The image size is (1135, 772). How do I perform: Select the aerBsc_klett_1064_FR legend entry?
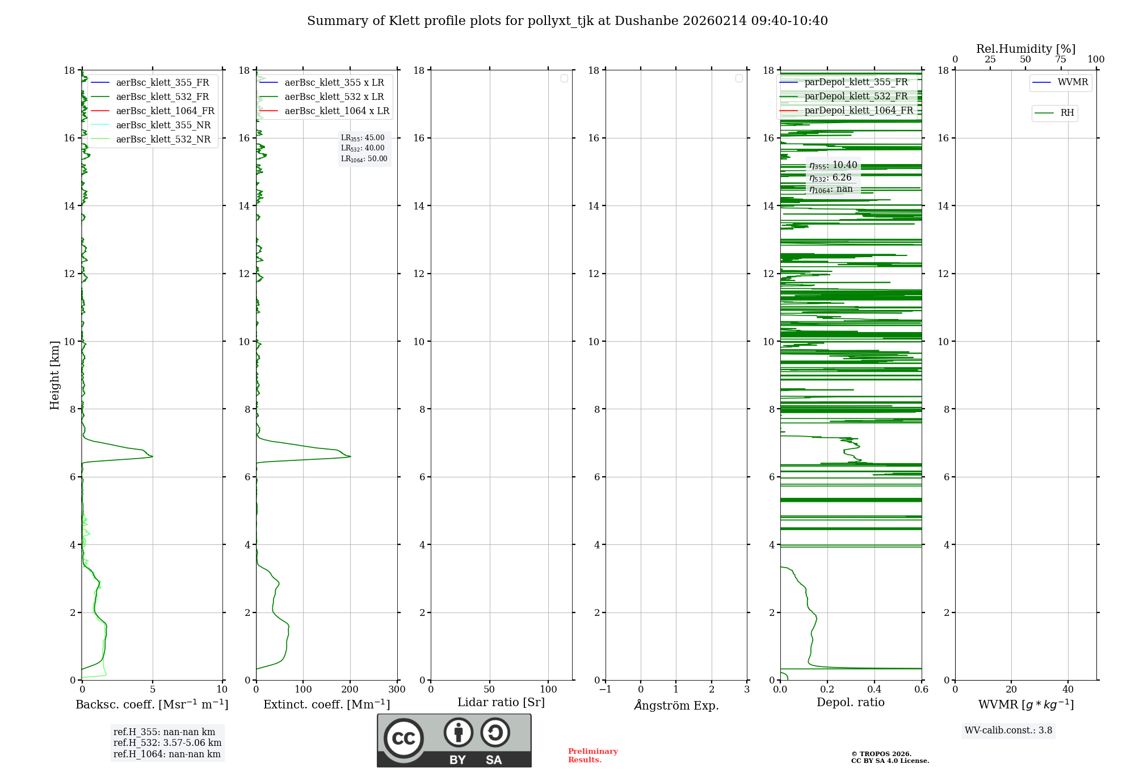165,111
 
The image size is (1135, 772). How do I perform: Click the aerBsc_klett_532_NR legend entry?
163,140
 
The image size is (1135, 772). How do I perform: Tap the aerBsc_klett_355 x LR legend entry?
334,83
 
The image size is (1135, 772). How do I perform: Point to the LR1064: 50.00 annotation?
364,159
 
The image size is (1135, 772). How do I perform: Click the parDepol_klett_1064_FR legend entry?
858,111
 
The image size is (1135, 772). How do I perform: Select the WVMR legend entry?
1072,83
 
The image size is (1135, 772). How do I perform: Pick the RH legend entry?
1066,113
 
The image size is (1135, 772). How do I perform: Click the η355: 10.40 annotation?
833,165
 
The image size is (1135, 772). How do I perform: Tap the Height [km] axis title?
54,375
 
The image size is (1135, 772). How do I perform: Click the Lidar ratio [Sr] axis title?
501,703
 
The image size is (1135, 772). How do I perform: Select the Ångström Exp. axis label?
676,706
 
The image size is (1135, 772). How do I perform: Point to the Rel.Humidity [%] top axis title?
1025,49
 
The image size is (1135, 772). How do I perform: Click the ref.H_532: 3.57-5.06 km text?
167,743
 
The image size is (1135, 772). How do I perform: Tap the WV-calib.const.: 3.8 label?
1008,731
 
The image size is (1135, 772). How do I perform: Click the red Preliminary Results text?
592,756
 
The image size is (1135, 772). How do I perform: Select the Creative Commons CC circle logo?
403,739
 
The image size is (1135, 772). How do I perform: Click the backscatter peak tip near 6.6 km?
152,456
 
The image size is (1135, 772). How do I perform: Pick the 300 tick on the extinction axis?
397,690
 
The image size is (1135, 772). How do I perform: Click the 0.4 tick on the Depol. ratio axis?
874,690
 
